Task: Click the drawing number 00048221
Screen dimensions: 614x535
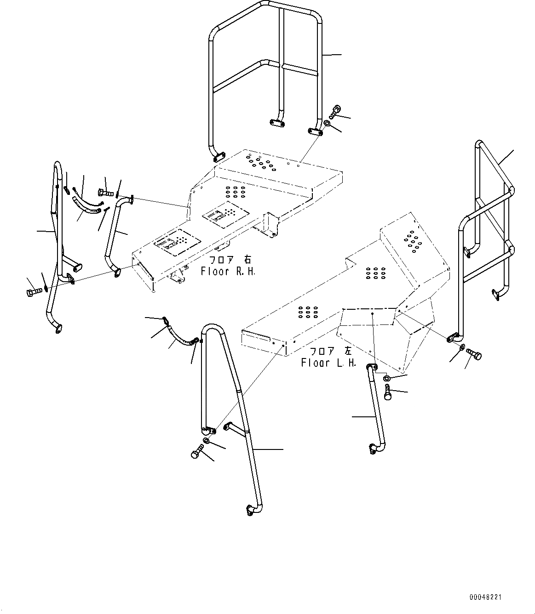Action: (486, 597)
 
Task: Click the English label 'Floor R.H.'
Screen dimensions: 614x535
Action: (228, 271)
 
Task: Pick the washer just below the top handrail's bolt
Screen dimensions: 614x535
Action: (326, 123)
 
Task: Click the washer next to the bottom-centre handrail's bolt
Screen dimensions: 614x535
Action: (206, 441)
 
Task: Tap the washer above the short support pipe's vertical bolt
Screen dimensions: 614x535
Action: (387, 377)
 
